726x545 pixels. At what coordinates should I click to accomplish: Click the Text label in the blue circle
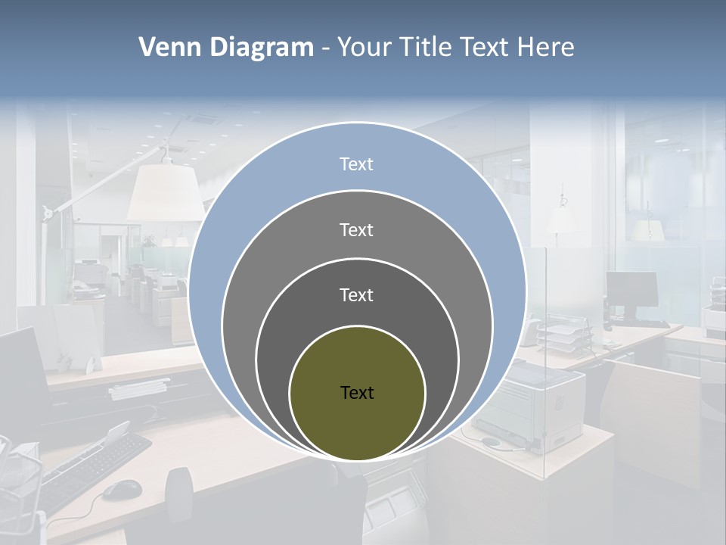pos(356,164)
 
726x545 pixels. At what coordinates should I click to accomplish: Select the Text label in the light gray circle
pos(356,229)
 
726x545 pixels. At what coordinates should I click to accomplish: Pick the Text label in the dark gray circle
pos(356,294)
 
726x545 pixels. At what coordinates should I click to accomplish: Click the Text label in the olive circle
pos(357,392)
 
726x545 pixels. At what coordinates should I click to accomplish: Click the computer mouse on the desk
pos(121,490)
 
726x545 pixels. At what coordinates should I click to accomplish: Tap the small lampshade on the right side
pos(647,229)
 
